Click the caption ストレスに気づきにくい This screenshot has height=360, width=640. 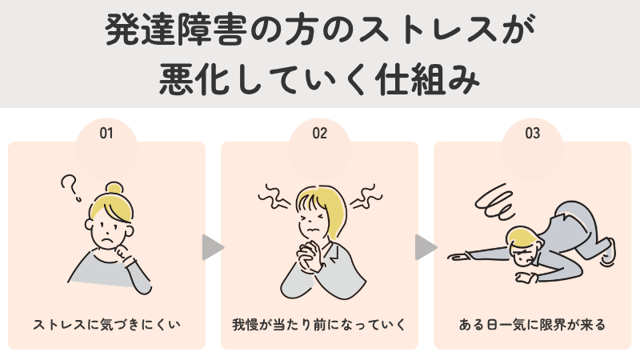[106, 325]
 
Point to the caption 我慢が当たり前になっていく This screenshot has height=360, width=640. [320, 325]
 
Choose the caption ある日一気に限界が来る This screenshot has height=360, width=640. [533, 325]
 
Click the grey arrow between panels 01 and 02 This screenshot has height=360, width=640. [212, 247]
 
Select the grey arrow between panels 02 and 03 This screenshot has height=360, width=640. [426, 247]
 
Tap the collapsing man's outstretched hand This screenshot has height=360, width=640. [458, 255]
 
